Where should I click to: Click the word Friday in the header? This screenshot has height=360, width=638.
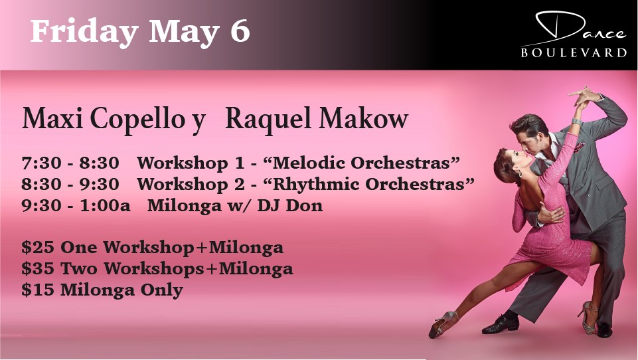coord(84,32)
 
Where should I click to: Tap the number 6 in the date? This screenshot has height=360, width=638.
coord(240,31)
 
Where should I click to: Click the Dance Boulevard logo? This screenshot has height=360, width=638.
coord(574,35)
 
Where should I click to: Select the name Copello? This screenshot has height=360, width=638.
coord(137,120)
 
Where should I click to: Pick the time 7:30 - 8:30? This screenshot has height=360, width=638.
coord(70,163)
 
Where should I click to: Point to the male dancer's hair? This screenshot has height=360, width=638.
coord(530,124)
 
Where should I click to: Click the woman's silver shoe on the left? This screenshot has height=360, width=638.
coord(443,323)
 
